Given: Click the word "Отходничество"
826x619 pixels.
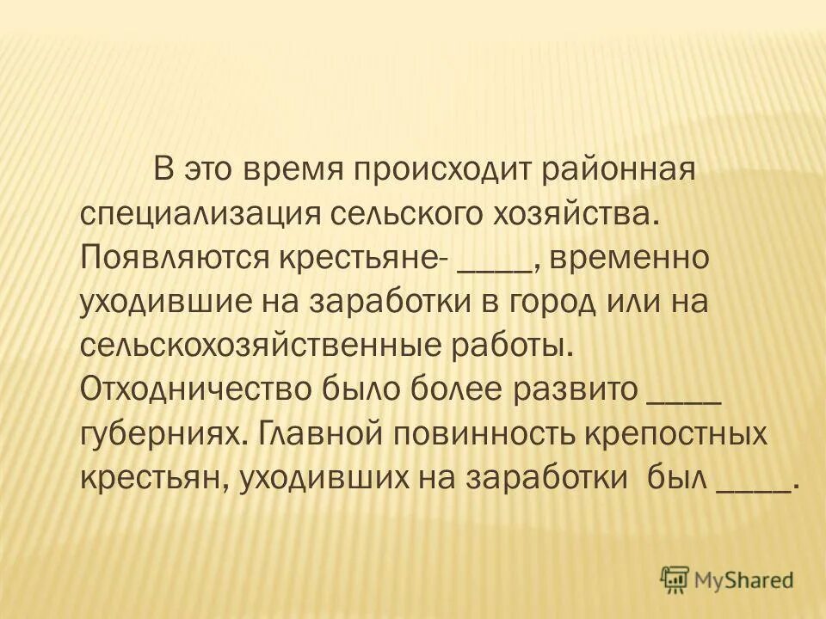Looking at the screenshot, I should (x=195, y=390).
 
